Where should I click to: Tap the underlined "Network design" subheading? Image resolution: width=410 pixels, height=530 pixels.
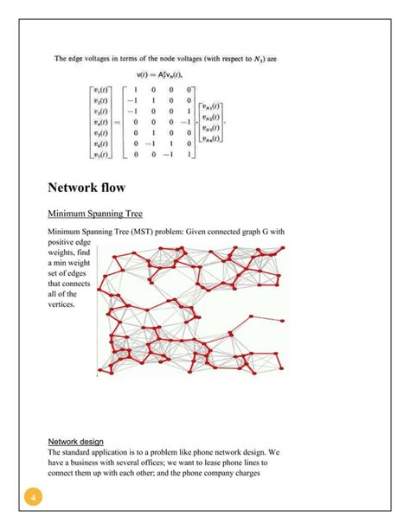pos(76,441)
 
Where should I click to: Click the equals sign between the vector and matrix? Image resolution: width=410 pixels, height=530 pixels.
pos(117,123)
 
